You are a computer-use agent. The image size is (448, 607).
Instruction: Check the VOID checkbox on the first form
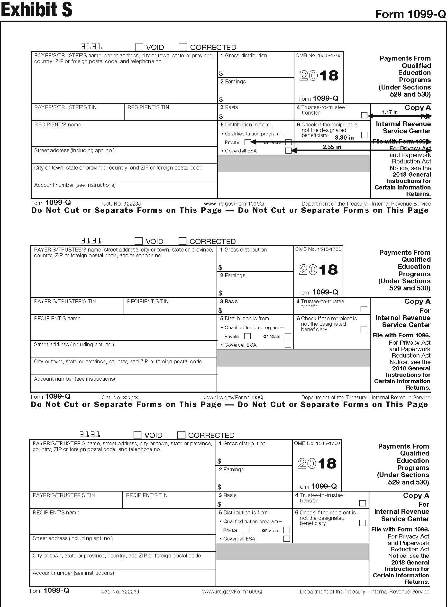click(x=139, y=47)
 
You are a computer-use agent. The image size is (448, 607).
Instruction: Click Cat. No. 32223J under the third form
click(x=120, y=592)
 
